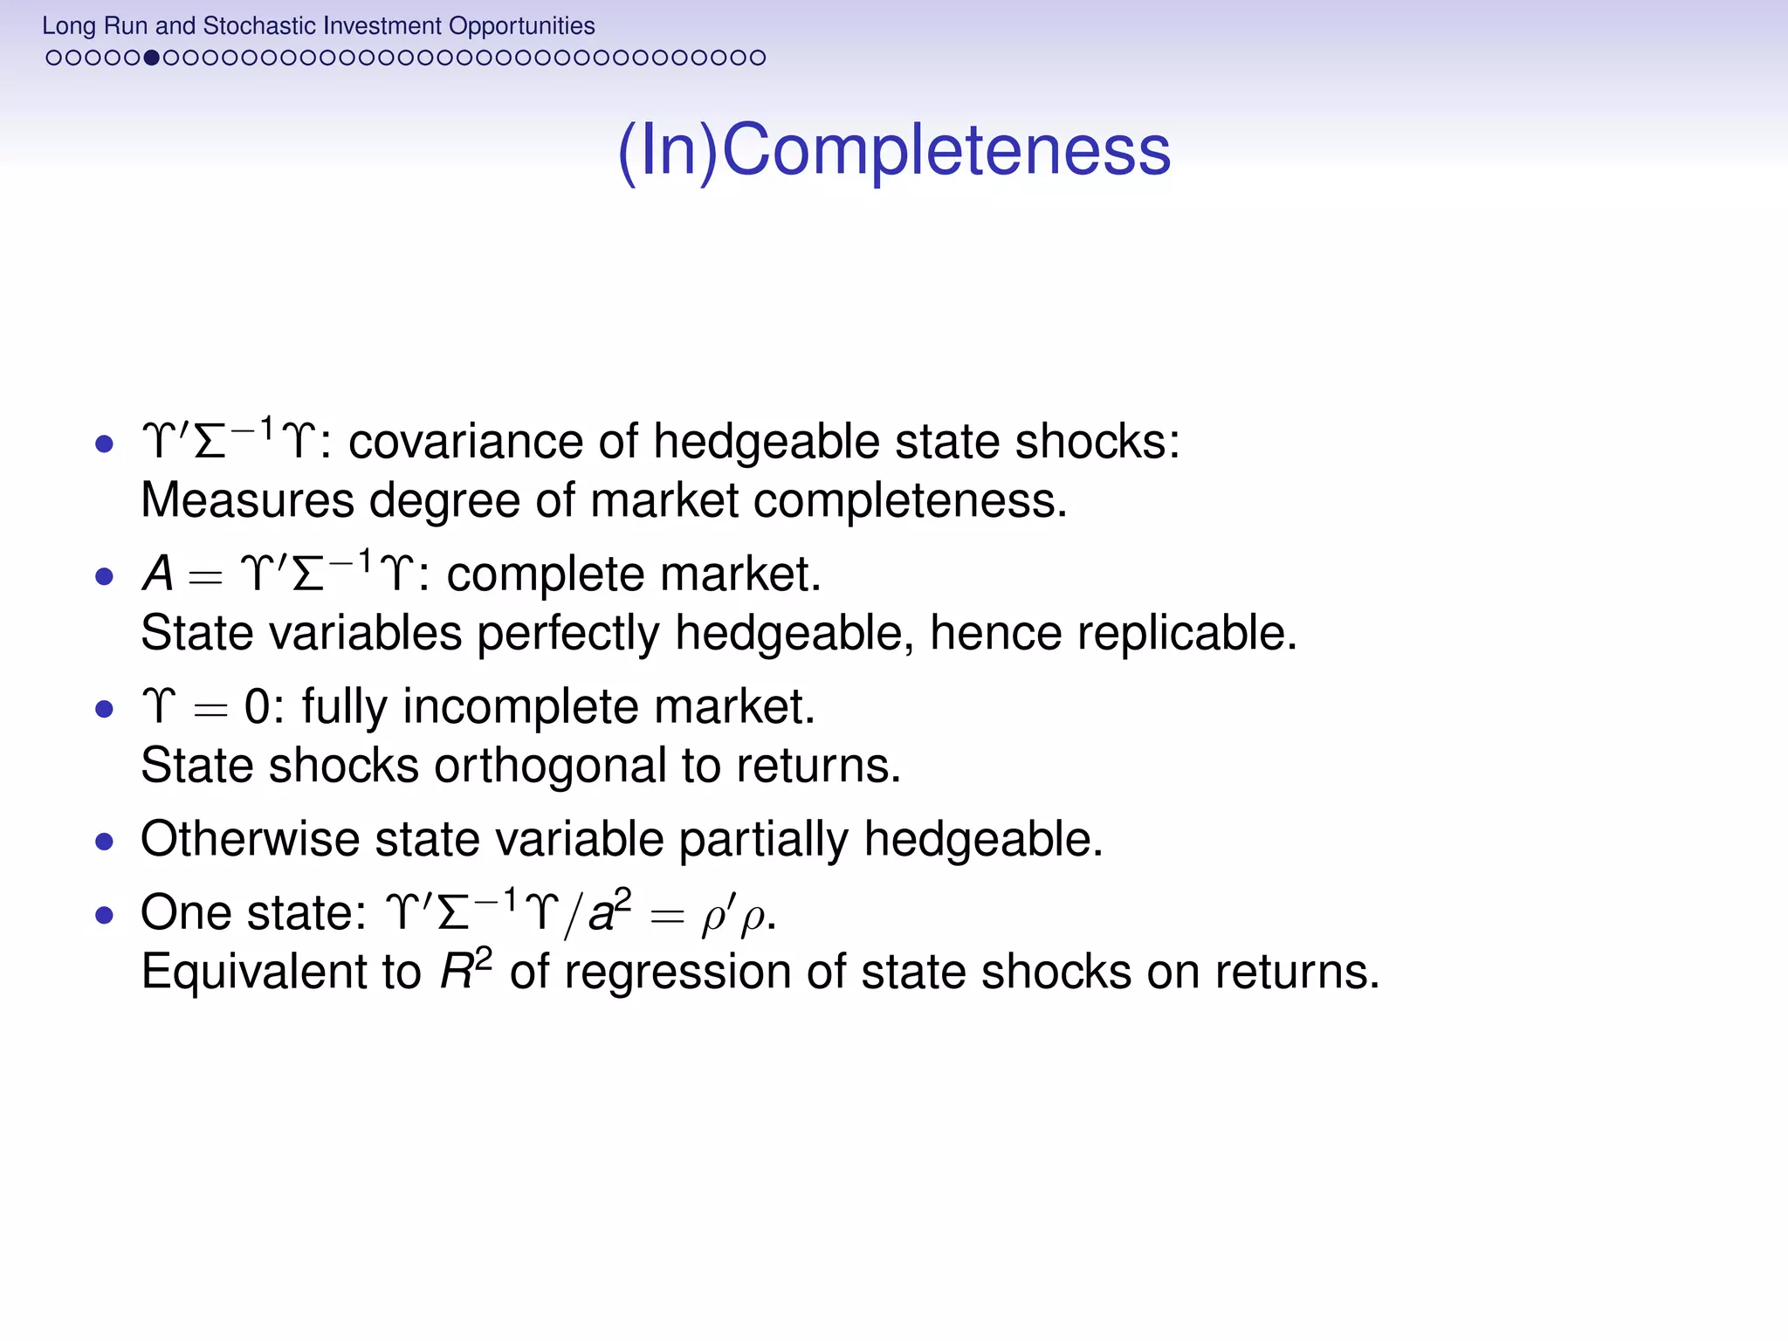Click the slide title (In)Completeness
pos(894,151)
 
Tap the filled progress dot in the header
pos(151,58)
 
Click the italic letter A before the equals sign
pos(158,574)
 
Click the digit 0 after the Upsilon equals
pos(257,706)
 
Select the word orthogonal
pos(550,766)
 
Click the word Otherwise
pos(250,839)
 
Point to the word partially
pos(763,839)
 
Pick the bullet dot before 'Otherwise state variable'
pos(105,842)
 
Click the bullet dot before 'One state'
pos(105,915)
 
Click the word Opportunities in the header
pos(522,26)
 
